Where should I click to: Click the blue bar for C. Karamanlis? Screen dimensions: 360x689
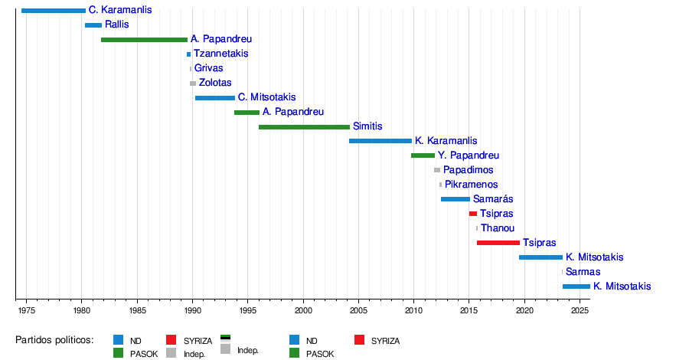pos(54,11)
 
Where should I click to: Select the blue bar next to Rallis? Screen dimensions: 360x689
pos(93,25)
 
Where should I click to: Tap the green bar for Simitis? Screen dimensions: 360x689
pos(304,126)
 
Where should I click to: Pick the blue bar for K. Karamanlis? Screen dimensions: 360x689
pos(380,141)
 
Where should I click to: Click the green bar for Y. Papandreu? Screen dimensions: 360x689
pos(423,155)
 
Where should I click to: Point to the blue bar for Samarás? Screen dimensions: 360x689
pos(455,199)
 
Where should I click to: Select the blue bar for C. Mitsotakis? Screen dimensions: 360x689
pos(215,98)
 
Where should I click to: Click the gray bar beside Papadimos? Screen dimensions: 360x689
pos(437,170)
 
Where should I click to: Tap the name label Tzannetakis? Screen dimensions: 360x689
pos(220,54)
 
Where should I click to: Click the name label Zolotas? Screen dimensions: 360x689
pos(215,83)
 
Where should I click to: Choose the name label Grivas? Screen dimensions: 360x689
pos(209,68)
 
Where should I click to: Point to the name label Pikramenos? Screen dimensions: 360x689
pos(471,185)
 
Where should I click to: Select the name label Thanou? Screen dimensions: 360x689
pos(498,228)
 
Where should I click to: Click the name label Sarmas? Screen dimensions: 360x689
pos(583,272)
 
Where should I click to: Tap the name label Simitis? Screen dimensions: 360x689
pos(367,126)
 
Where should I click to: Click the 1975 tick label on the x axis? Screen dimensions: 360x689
pos(26,311)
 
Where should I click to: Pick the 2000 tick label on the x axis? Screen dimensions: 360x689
pos(303,311)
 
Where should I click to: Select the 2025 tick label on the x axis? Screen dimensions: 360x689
pos(580,311)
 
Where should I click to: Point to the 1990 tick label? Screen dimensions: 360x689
pos(192,311)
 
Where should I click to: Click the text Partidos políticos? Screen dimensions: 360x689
pos(54,340)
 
